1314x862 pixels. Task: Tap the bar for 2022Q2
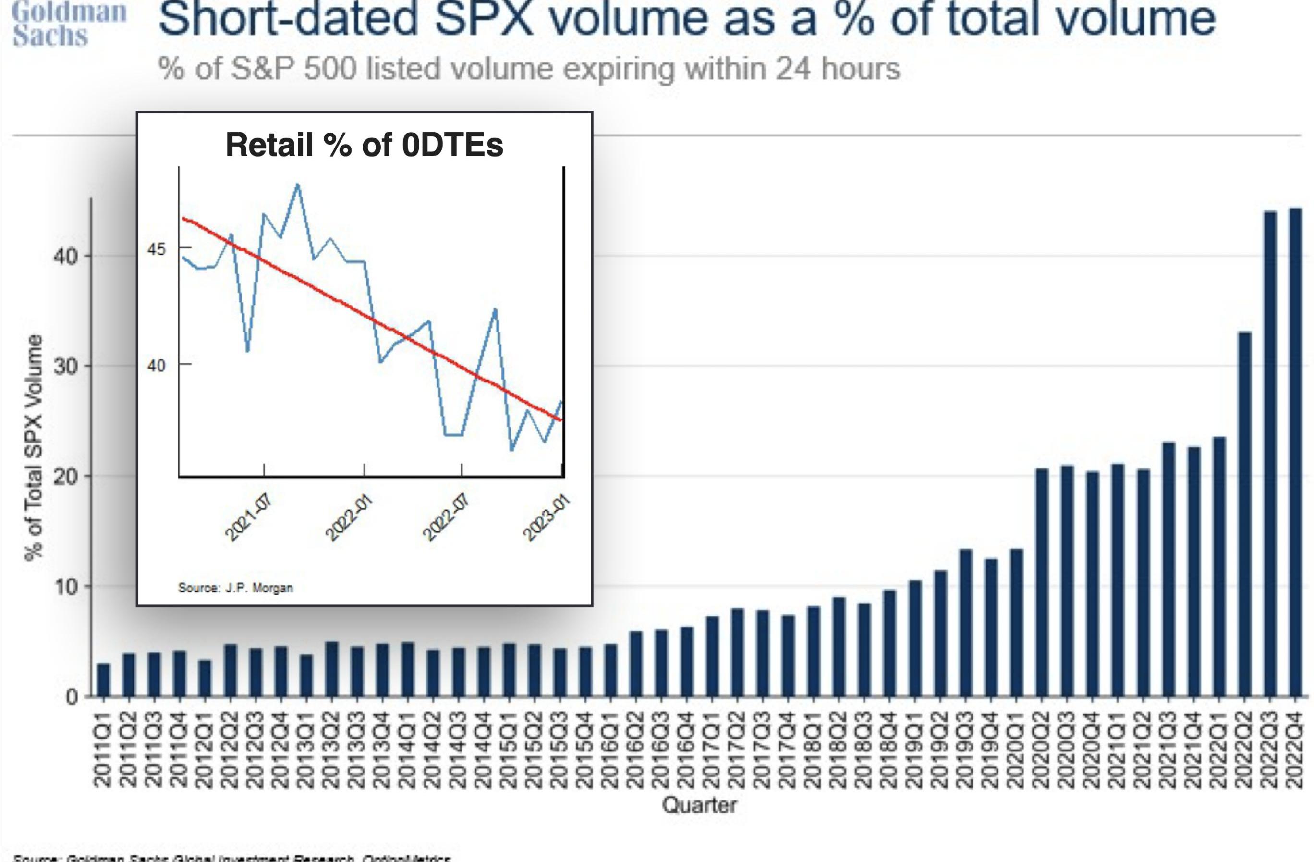pyautogui.click(x=1244, y=514)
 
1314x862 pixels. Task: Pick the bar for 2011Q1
pyautogui.click(x=103, y=680)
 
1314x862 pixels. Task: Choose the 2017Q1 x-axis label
pyautogui.click(x=713, y=748)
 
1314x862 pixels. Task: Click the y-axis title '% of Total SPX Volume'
pyautogui.click(x=34, y=447)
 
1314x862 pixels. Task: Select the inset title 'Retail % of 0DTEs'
pyautogui.click(x=365, y=145)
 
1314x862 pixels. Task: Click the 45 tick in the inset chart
pyautogui.click(x=156, y=249)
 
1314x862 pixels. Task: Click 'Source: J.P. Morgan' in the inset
pyautogui.click(x=235, y=588)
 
